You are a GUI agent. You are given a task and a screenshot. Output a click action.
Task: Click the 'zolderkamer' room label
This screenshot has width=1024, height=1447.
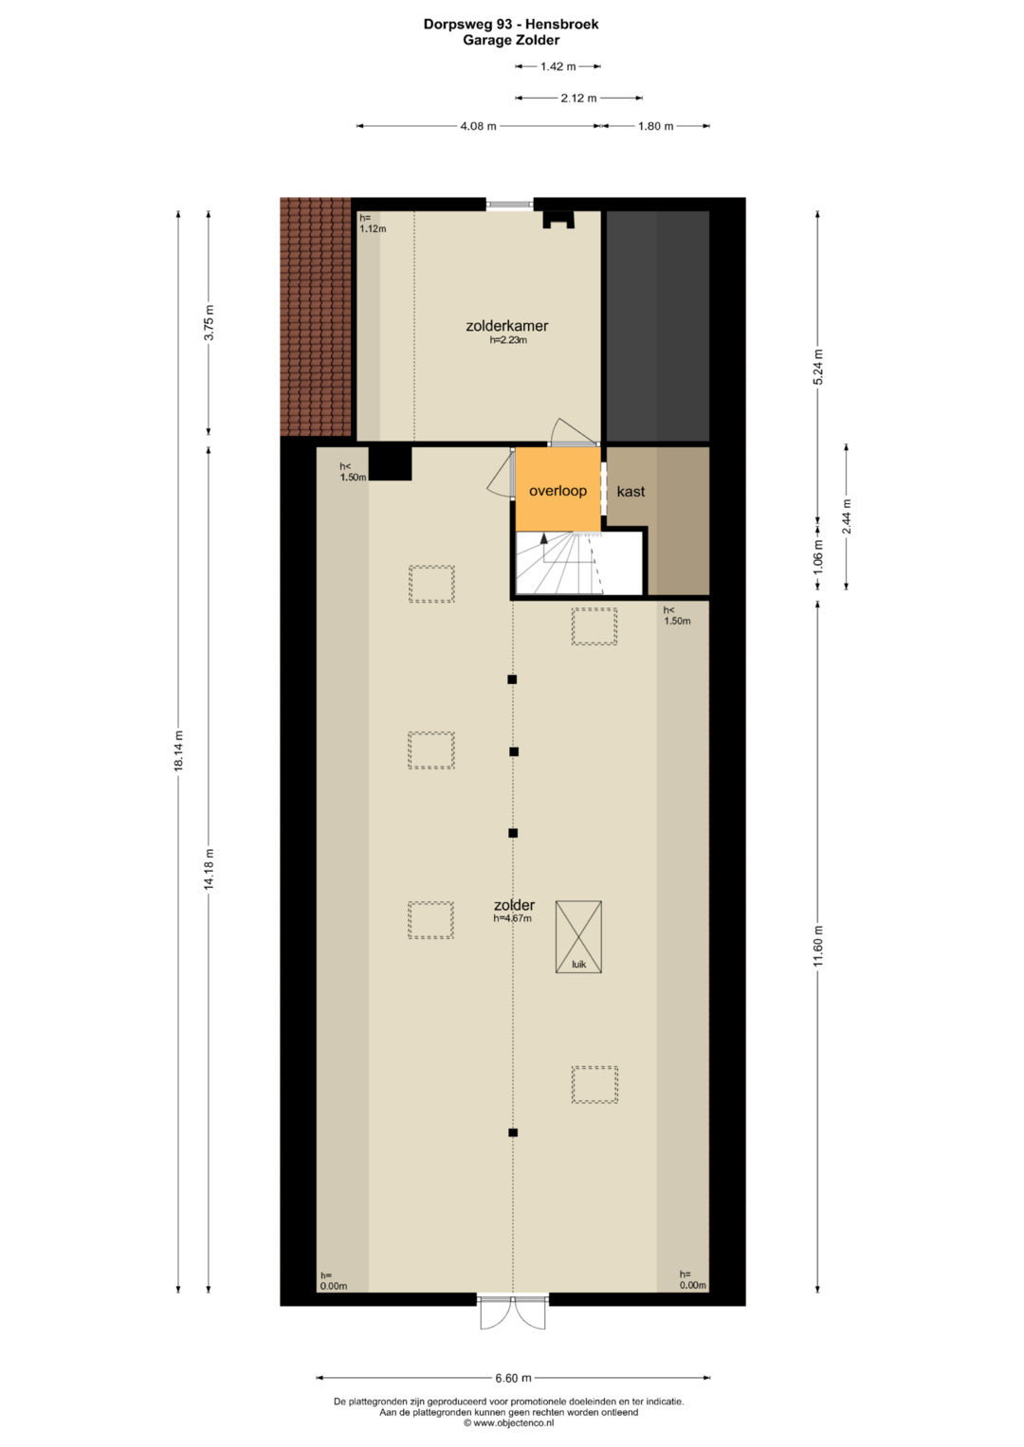pyautogui.click(x=507, y=326)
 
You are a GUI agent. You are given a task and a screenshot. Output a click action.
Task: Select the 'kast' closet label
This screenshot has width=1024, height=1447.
pyautogui.click(x=631, y=492)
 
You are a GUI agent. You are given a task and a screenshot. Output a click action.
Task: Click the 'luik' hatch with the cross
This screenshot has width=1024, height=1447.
pyautogui.click(x=578, y=936)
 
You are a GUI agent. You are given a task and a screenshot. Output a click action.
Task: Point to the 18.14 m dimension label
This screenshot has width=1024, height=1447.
pyautogui.click(x=179, y=750)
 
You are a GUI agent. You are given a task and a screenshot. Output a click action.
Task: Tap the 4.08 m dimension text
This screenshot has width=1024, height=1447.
pyautogui.click(x=479, y=127)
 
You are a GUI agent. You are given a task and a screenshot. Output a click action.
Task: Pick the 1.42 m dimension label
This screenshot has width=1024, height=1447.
pyautogui.click(x=558, y=66)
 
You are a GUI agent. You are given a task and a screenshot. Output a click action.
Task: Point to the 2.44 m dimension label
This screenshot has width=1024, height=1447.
pyautogui.click(x=846, y=516)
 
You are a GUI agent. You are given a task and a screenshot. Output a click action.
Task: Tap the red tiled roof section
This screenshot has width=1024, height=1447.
pyautogui.click(x=316, y=317)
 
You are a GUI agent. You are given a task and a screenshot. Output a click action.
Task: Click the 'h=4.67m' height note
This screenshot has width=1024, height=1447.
pyautogui.click(x=513, y=918)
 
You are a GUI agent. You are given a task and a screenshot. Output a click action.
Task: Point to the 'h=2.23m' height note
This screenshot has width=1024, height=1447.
pyautogui.click(x=508, y=340)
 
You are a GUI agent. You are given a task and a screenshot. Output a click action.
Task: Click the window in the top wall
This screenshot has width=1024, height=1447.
pyautogui.click(x=510, y=204)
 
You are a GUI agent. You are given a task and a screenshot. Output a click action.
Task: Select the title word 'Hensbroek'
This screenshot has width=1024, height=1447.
pyautogui.click(x=561, y=24)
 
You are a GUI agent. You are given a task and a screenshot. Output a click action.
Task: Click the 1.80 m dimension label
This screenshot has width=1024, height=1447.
pyautogui.click(x=655, y=127)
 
